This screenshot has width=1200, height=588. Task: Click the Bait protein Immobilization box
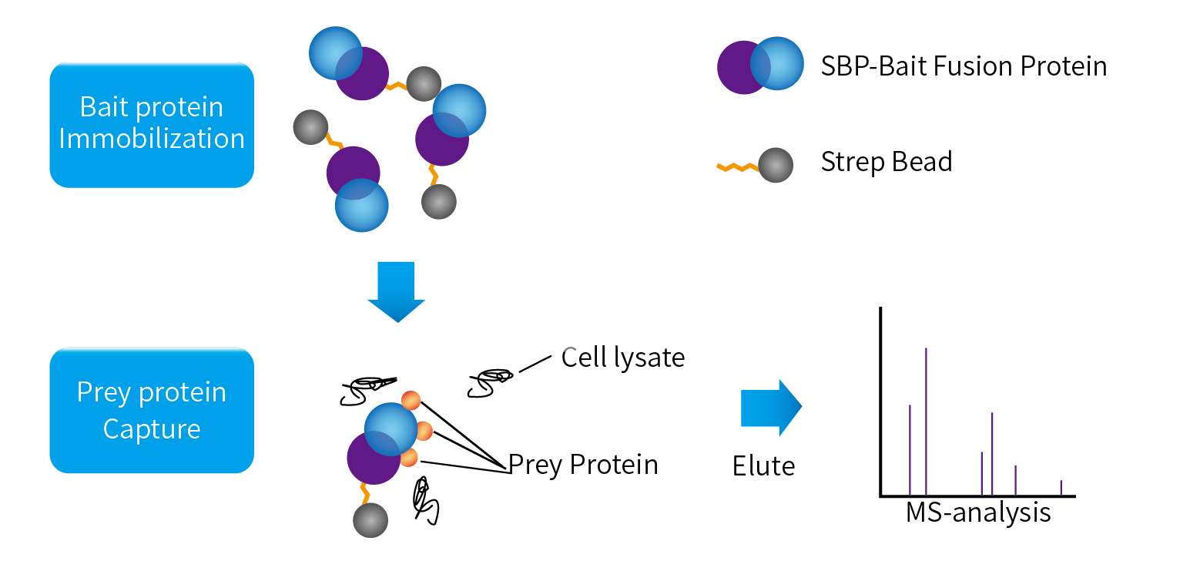click(152, 125)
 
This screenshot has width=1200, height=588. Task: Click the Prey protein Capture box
click(152, 411)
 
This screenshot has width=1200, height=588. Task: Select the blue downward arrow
click(397, 291)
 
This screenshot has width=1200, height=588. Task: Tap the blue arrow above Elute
click(771, 408)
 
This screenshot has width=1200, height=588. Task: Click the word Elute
click(763, 465)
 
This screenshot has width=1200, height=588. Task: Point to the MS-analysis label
click(978, 512)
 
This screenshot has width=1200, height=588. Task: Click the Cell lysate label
click(623, 358)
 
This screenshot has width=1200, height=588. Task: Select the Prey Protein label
click(583, 465)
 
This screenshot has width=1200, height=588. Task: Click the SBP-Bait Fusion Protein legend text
click(964, 66)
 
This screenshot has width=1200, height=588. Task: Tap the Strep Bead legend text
click(887, 162)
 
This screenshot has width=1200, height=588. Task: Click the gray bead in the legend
click(776, 165)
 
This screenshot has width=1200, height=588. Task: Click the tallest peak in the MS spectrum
click(926, 422)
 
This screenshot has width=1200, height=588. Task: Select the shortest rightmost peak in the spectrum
click(1061, 488)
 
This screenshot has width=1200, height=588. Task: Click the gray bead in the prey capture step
click(370, 520)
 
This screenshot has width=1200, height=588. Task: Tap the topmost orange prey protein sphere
click(411, 401)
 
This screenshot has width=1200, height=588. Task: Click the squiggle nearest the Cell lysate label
click(490, 383)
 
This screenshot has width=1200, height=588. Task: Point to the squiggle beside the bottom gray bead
click(426, 501)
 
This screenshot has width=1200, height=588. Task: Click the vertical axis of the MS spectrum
click(880, 402)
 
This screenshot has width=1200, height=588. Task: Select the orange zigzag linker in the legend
click(738, 167)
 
